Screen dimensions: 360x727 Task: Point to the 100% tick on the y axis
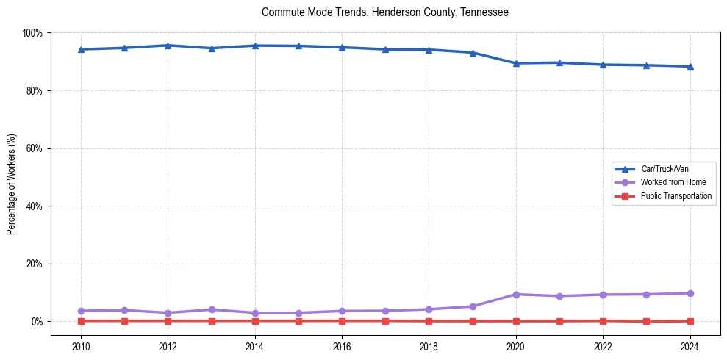32,33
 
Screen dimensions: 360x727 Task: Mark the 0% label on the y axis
37,322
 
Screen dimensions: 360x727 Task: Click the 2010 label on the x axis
81,346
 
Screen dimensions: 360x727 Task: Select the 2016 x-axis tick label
342,346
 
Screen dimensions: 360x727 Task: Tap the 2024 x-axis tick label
690,346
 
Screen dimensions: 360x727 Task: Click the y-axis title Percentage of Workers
12,184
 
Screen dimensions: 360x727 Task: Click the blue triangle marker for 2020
516,63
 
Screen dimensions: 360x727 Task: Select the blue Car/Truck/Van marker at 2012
168,46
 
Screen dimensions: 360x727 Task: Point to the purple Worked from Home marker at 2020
516,295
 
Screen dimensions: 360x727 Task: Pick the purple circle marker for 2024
690,293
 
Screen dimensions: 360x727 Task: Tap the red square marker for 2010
81,321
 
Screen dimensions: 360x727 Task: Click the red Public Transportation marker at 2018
429,321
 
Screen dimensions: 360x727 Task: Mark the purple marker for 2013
212,309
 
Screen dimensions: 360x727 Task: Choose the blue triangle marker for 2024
690,66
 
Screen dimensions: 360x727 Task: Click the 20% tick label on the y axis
35,264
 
